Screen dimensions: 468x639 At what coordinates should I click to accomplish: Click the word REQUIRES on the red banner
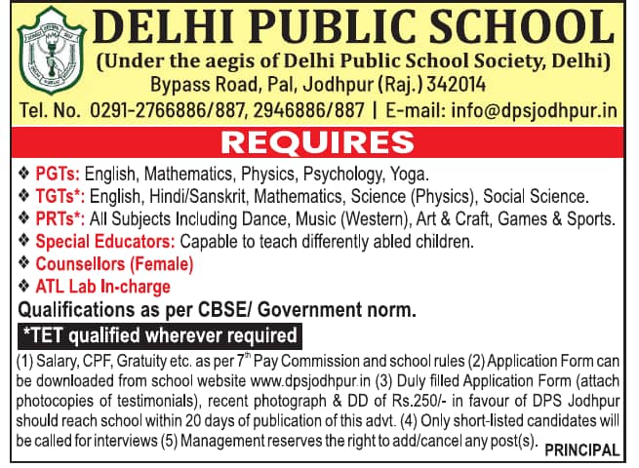click(x=318, y=142)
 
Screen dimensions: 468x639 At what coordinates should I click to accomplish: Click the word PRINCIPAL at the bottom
click(x=581, y=449)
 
